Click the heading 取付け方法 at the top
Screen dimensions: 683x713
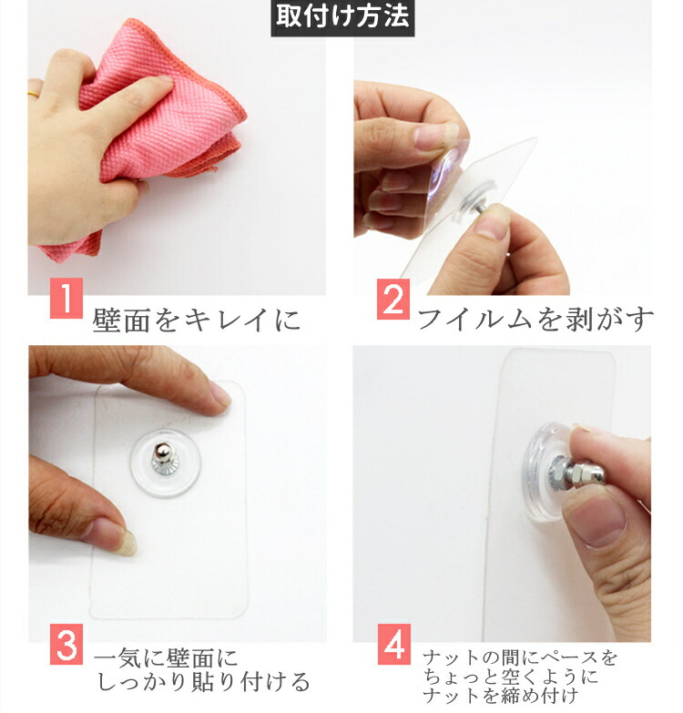tap(342, 17)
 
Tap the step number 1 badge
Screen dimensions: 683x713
tap(66, 298)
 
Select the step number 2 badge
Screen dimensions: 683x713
tap(393, 299)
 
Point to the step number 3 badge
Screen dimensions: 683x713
tap(66, 644)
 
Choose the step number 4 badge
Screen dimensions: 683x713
tap(394, 644)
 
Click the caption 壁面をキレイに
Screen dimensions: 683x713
tap(197, 321)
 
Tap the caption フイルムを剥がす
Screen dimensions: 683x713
tap(535, 319)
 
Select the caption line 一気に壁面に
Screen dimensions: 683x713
tap(166, 658)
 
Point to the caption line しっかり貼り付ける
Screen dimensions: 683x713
tap(204, 682)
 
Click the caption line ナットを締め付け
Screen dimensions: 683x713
tap(500, 696)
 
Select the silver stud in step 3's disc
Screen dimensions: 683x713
tap(163, 457)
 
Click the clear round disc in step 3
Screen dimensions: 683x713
tap(166, 463)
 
